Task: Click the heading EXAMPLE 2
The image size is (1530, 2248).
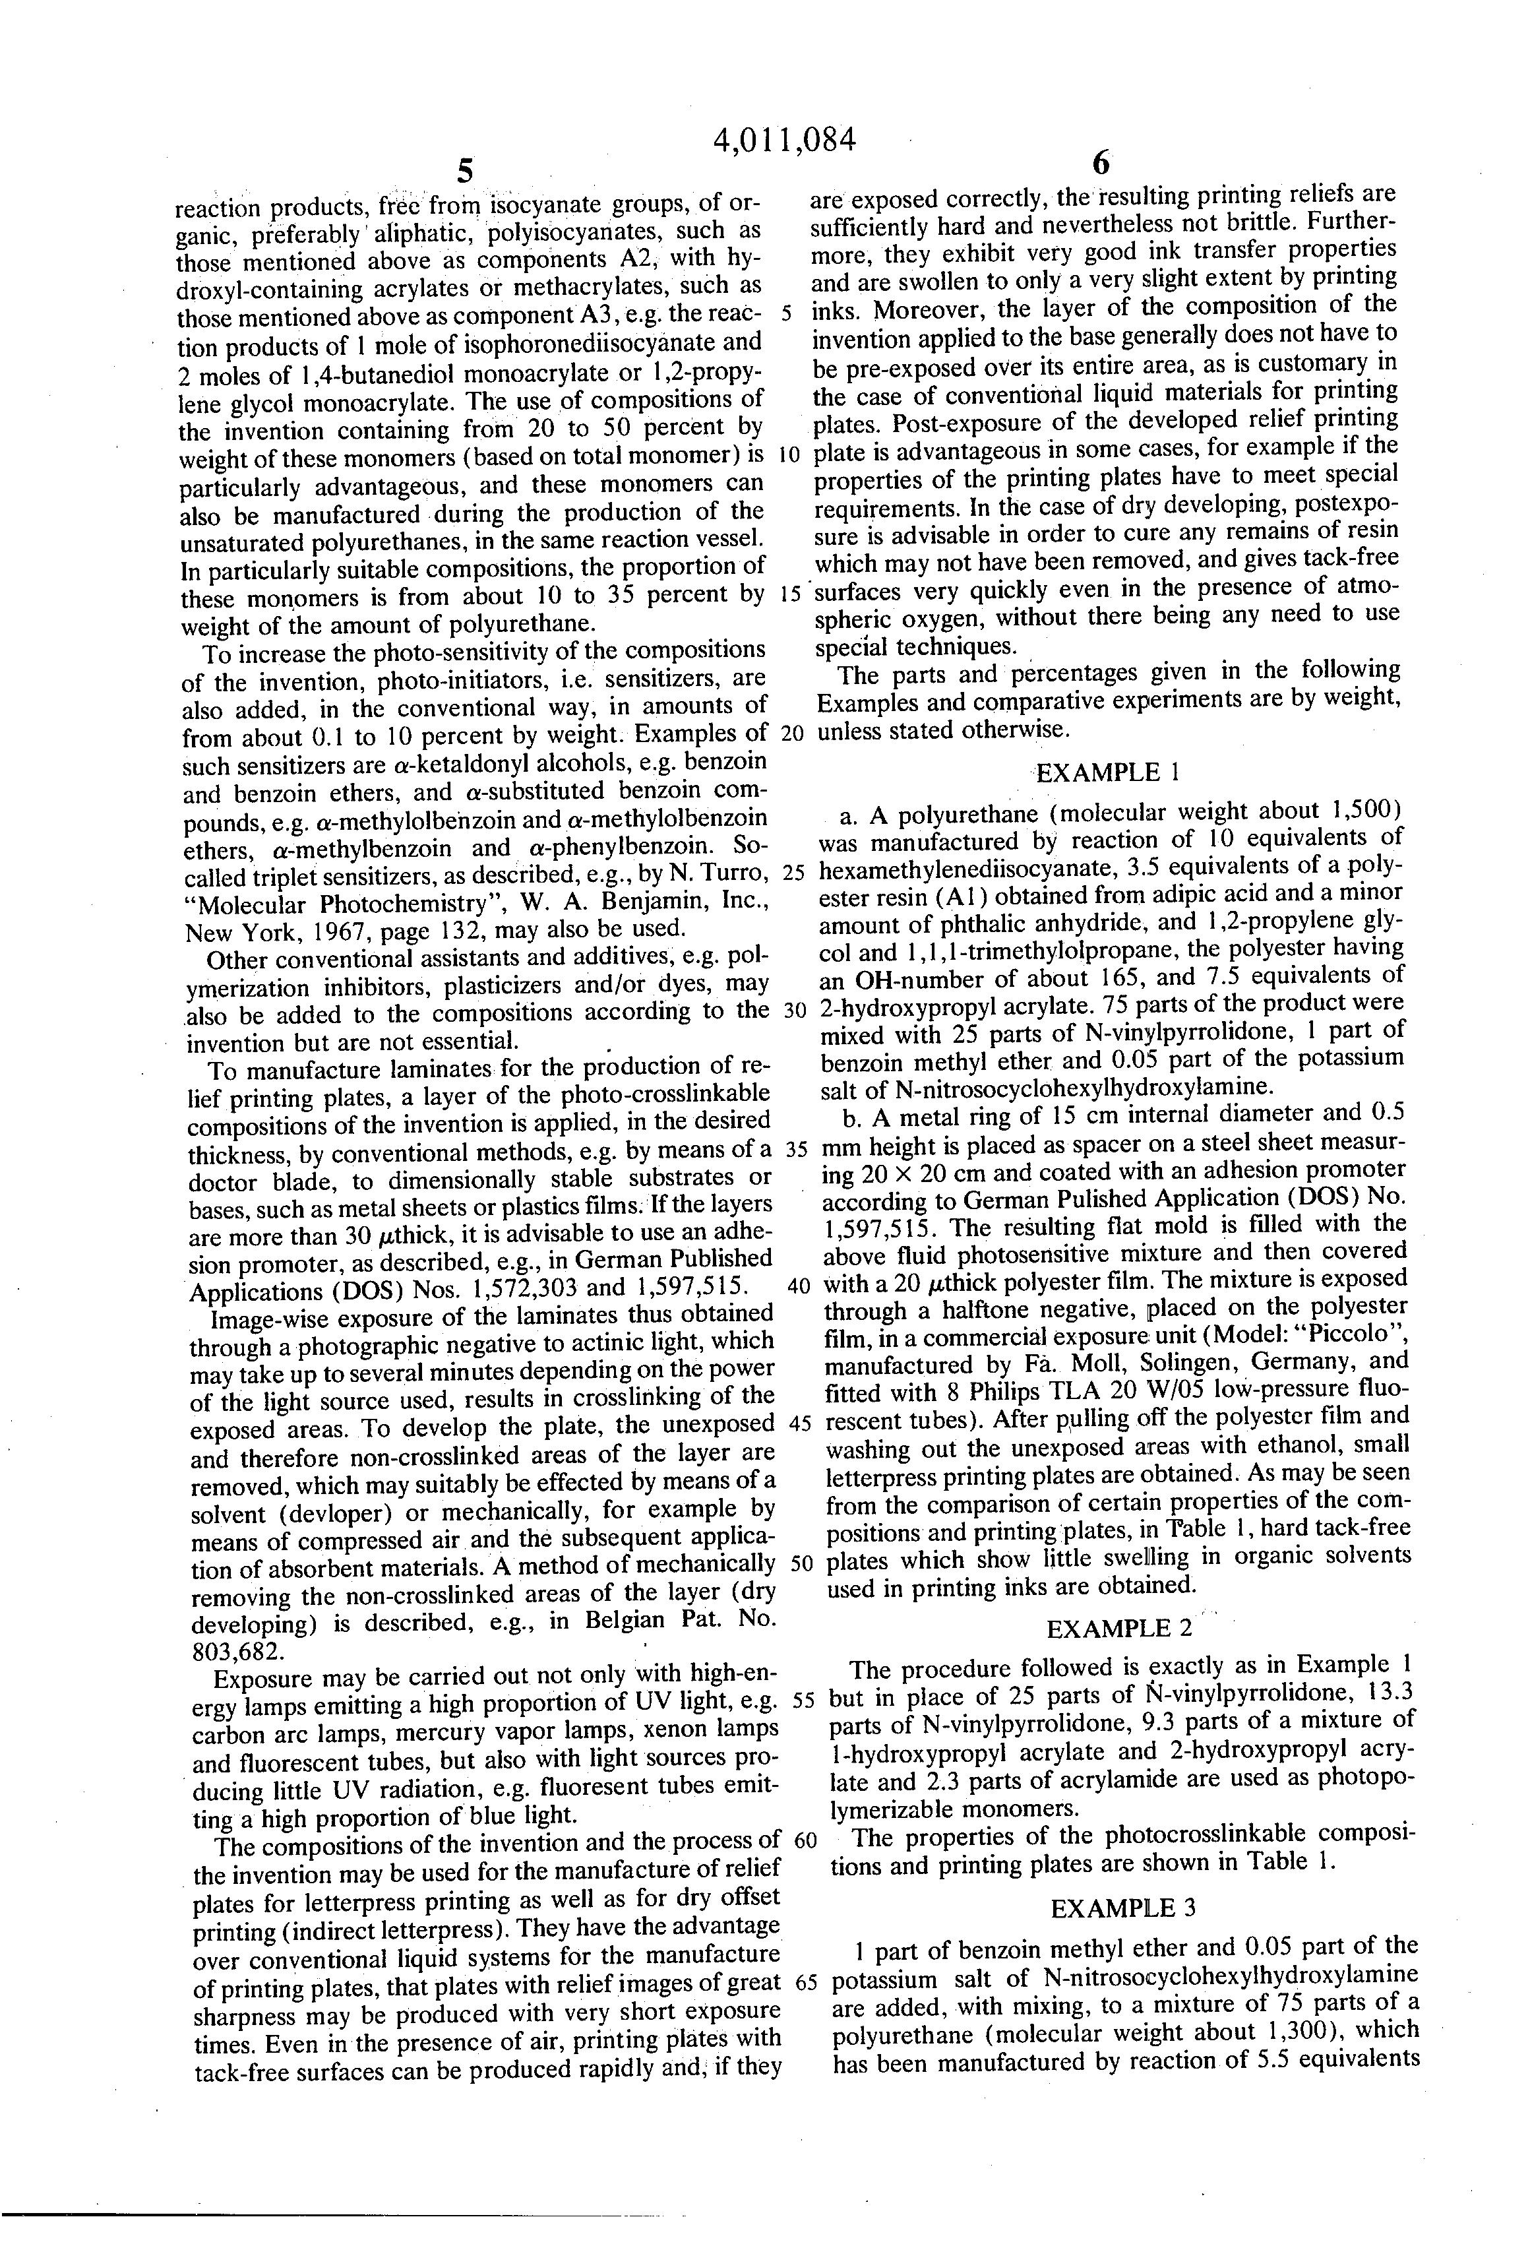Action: tap(1120, 1629)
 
